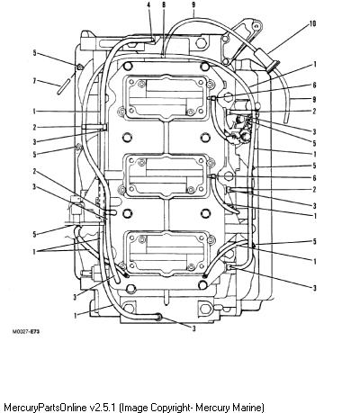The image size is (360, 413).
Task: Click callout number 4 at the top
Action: (x=148, y=5)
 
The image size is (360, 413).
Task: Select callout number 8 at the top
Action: (x=164, y=5)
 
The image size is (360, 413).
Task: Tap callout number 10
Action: (x=312, y=23)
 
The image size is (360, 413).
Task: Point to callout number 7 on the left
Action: (x=34, y=81)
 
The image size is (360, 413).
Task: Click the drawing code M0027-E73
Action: (x=26, y=332)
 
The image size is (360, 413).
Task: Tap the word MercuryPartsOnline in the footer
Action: (x=46, y=408)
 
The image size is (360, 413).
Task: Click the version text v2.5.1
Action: (x=103, y=408)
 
